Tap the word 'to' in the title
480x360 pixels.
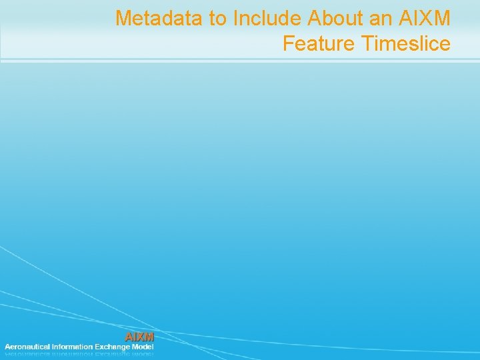coord(217,18)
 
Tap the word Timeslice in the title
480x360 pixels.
coord(407,44)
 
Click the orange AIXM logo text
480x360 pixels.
coord(140,337)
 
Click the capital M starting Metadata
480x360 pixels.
coord(123,18)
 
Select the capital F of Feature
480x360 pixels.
coord(288,44)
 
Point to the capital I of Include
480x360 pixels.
coord(235,18)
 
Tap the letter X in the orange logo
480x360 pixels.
coord(140,337)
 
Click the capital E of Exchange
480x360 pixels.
coord(102,347)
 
